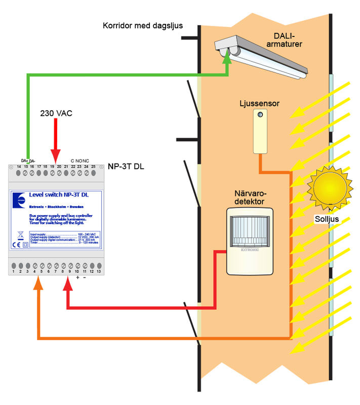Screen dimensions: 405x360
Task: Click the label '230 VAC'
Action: [56, 113]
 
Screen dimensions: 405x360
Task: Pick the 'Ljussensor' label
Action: [260, 103]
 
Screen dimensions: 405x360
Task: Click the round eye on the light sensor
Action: [260, 116]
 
